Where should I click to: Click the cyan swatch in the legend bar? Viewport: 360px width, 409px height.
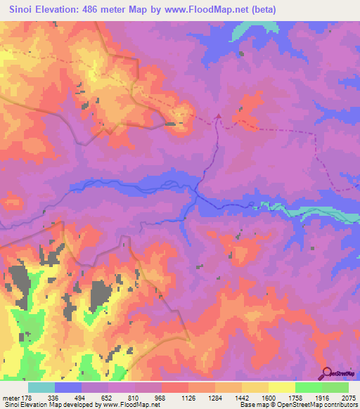pos(41,387)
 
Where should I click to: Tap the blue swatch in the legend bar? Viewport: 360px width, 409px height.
pos(67,387)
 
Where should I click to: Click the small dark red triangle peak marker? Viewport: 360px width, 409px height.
pos(218,117)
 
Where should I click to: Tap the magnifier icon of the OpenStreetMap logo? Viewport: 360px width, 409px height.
pos(326,373)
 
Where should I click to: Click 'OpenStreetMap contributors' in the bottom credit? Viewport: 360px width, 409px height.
pos(322,405)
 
